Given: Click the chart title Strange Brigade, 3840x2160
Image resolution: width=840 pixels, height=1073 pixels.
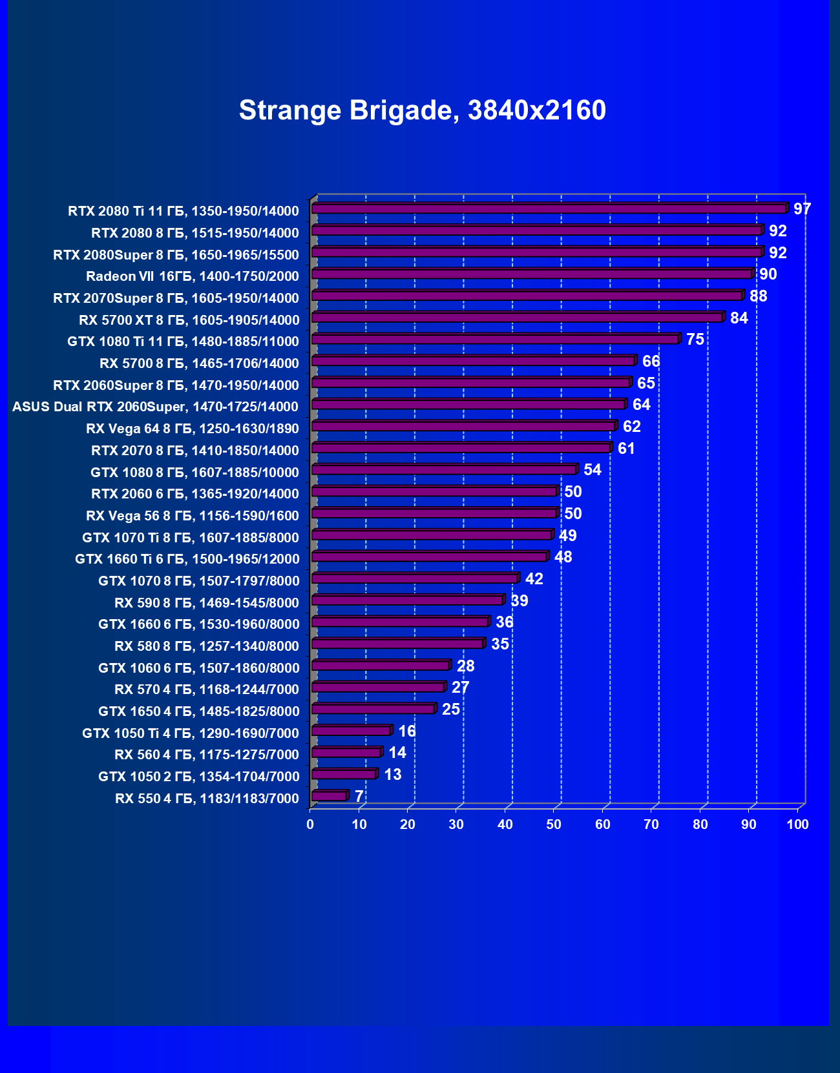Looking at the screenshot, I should [x=423, y=110].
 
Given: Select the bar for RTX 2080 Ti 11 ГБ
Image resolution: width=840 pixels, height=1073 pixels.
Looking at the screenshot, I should [x=549, y=209].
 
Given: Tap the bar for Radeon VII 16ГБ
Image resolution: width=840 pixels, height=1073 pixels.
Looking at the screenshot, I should [x=532, y=274].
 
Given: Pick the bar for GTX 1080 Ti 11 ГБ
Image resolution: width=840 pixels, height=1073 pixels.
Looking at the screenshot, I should [x=496, y=339].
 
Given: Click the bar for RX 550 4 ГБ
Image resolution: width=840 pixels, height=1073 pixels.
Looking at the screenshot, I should [x=330, y=796].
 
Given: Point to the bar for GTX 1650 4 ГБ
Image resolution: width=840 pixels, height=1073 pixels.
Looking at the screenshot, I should [x=373, y=709].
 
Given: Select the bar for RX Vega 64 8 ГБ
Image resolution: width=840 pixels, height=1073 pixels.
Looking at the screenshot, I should [x=464, y=426].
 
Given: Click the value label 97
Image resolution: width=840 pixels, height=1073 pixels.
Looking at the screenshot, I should [x=802, y=209].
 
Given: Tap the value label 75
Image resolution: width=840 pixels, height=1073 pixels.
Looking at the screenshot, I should [x=695, y=339].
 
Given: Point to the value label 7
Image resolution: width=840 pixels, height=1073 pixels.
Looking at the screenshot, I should [x=359, y=796].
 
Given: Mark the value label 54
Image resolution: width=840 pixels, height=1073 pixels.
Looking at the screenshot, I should [x=593, y=469].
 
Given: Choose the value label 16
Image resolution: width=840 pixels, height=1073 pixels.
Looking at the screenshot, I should [x=407, y=731].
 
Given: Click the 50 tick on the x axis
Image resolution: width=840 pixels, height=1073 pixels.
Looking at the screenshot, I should [x=554, y=824].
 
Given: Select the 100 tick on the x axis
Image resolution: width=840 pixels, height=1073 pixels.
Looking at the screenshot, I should [x=798, y=824].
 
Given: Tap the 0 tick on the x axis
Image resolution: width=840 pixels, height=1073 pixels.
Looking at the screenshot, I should [x=310, y=824].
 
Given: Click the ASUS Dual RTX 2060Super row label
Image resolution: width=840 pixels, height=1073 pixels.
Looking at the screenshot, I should [x=155, y=407].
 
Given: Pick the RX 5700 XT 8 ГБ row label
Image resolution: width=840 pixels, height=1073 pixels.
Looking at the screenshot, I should [x=189, y=320].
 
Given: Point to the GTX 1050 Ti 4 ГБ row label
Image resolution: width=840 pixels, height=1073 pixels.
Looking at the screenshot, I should [x=191, y=733].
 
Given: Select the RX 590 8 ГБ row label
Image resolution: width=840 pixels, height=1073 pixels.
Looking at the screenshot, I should [x=207, y=603].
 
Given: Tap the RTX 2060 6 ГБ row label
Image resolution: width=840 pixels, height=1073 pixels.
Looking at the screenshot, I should [x=195, y=494].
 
